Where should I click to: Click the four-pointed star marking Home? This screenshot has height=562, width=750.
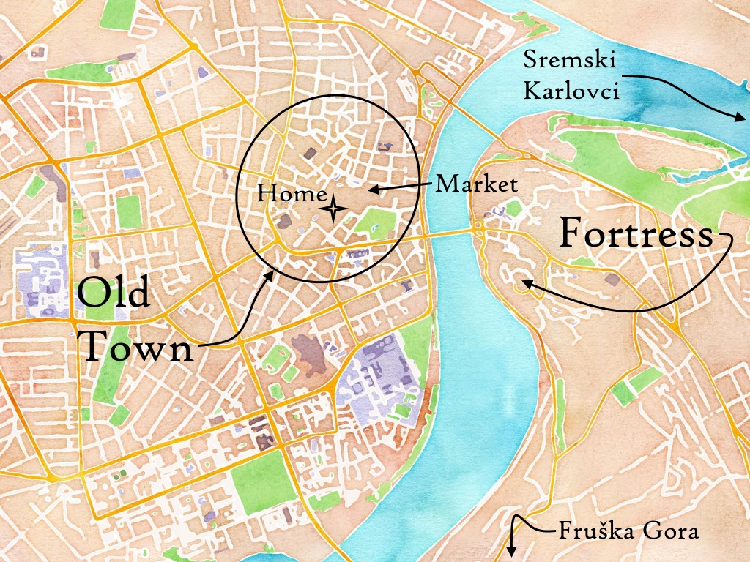click(334, 209)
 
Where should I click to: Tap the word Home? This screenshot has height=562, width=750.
click(291, 194)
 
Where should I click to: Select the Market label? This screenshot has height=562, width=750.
click(476, 184)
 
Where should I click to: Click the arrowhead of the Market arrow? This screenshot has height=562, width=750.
click(371, 190)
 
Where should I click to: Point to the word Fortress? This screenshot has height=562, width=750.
click(636, 235)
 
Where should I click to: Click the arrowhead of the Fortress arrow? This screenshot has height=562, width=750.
click(524, 280)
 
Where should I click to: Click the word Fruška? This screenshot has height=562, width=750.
click(590, 531)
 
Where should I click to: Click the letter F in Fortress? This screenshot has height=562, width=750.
click(572, 235)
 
